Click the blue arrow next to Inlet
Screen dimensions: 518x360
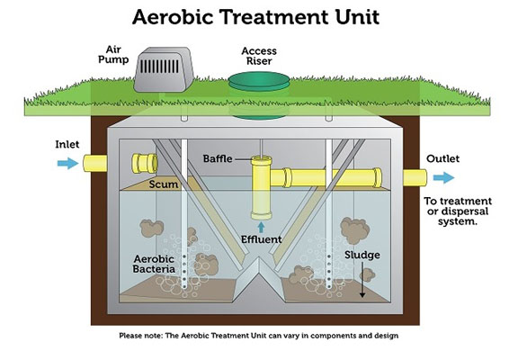point(67,163)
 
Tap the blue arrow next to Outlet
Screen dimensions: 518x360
point(443,177)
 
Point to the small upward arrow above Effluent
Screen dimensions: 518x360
point(262,227)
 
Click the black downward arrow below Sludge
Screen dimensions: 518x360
point(362,279)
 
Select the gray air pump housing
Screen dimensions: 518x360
point(164,69)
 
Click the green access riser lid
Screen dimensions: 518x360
point(259,81)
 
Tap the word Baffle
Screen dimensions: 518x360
point(218,158)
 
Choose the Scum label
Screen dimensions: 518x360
point(163,184)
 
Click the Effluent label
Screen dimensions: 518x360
point(262,239)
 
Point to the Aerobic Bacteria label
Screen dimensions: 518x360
point(154,264)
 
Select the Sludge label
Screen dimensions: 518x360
point(362,255)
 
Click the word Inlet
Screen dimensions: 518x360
point(67,145)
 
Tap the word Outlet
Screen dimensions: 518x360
point(442,158)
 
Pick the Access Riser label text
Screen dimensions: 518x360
point(259,56)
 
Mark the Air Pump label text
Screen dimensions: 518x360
point(113,55)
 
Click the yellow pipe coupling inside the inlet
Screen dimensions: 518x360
point(145,163)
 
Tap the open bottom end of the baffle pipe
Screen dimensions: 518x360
point(262,216)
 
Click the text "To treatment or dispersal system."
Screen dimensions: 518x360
point(458,211)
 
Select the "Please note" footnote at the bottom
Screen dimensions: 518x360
point(259,336)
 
